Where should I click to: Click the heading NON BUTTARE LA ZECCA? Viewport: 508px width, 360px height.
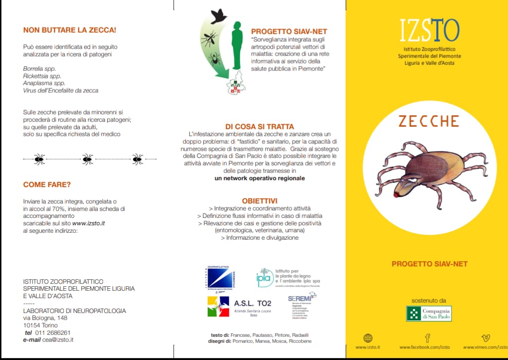69,30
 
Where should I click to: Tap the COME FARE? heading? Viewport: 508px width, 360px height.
47,185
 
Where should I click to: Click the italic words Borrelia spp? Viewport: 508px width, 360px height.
40,68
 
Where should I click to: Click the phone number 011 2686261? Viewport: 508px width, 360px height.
53,333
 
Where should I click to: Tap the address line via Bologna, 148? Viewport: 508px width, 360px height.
45,318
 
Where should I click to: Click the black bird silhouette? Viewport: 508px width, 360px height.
218,16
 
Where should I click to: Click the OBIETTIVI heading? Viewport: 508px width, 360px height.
259,201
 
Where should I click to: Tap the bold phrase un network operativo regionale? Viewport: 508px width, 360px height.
260,178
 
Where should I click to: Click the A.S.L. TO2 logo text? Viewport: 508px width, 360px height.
253,303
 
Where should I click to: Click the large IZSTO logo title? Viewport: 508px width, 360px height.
429,31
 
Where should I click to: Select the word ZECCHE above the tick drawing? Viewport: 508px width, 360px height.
428,121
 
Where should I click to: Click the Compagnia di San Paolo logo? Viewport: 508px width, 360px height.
429,313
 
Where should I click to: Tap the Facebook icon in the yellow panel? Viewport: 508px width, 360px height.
427,338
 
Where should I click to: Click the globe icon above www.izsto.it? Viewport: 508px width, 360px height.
368,338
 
